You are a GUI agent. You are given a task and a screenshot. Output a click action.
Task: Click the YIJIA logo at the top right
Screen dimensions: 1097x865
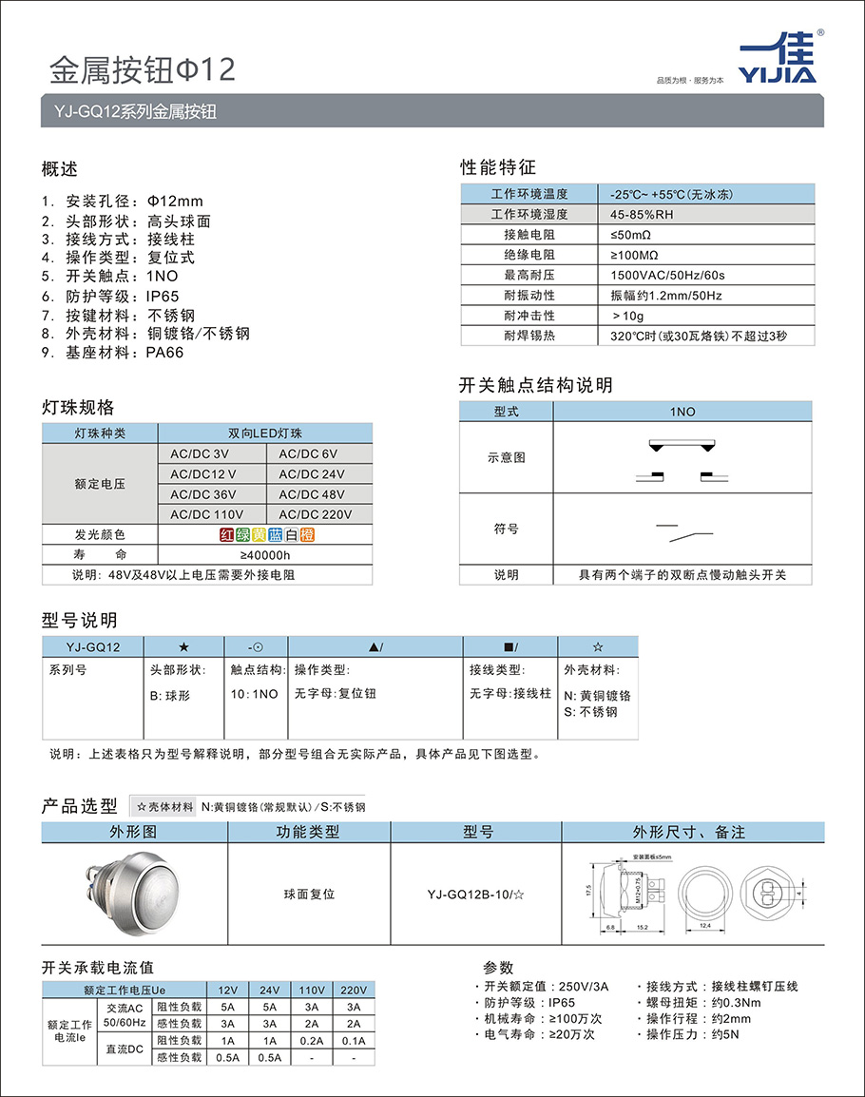tap(778, 60)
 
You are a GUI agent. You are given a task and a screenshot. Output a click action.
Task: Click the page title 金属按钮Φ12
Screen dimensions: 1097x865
tap(142, 69)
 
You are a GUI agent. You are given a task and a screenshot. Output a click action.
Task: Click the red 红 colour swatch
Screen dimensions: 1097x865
tap(227, 534)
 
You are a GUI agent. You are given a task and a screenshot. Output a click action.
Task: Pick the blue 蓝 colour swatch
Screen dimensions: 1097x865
tap(276, 534)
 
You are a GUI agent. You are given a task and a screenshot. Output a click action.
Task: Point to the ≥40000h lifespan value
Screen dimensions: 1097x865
tap(265, 555)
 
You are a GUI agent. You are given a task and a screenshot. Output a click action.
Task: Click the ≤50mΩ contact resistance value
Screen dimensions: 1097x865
tap(631, 234)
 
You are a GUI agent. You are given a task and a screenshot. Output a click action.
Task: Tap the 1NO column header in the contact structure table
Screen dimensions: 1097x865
tap(682, 412)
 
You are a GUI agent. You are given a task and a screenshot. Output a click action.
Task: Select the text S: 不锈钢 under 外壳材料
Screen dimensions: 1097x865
tap(590, 711)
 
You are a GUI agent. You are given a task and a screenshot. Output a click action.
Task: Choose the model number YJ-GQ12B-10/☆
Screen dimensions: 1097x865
tap(475, 894)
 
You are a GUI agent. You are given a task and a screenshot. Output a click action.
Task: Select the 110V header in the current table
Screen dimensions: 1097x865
tap(311, 989)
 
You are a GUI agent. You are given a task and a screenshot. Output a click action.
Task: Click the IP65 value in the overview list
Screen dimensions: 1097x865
tap(162, 296)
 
